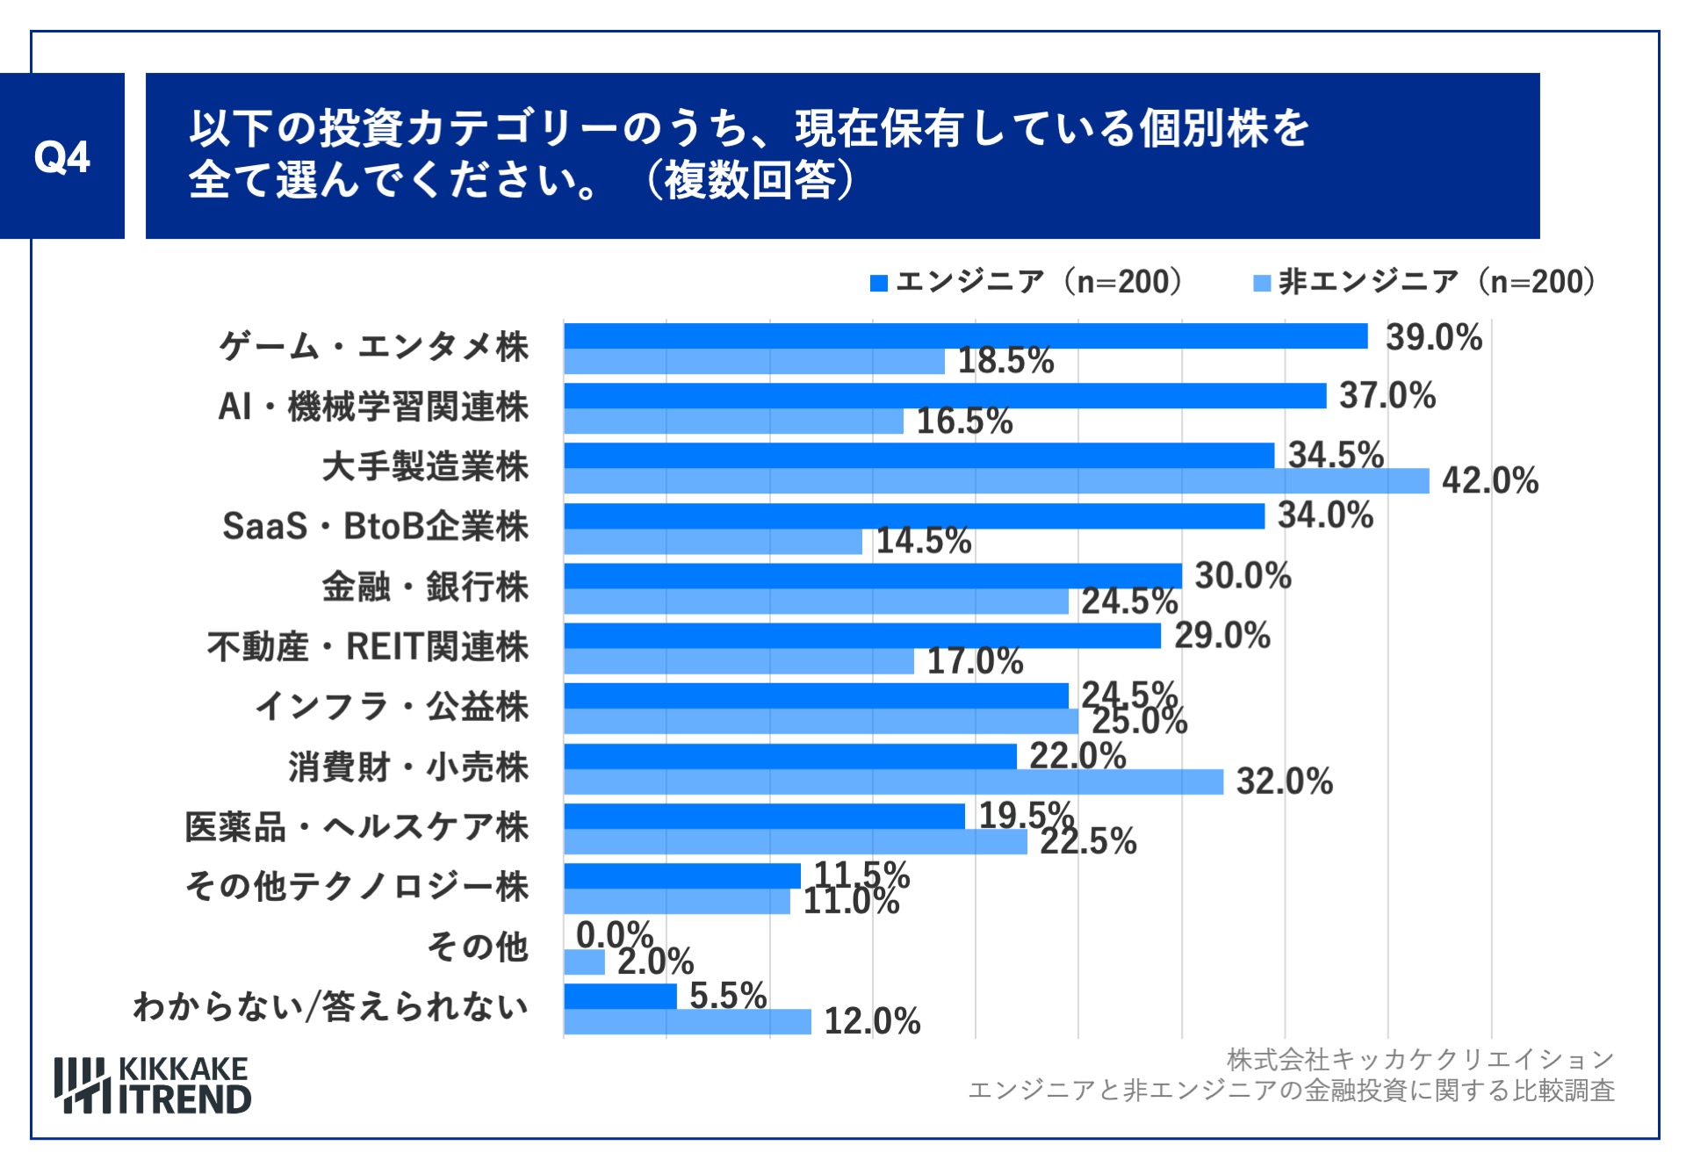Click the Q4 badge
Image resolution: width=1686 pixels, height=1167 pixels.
coord(61,156)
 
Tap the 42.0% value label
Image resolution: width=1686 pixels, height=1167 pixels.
coord(1489,481)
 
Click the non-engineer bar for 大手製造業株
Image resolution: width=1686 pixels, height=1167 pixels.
coord(996,481)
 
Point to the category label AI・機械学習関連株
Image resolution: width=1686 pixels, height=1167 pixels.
coord(373,407)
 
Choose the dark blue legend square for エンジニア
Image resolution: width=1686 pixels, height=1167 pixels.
coord(878,283)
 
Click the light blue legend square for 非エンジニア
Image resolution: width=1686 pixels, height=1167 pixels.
coord(1261,283)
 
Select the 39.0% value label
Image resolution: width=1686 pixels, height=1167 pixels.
coord(1433,338)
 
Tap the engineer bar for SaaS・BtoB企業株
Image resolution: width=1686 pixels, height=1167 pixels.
coord(913,516)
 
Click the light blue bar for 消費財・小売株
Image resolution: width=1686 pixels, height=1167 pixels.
coord(892,782)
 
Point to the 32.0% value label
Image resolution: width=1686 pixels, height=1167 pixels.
coord(1284,782)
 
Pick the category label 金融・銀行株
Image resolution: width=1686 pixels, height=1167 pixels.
coord(425,587)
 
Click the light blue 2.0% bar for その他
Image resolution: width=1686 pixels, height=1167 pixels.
coord(584,962)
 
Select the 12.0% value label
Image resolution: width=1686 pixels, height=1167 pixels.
coord(871,1021)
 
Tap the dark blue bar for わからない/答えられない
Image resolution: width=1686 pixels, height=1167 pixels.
coord(620,996)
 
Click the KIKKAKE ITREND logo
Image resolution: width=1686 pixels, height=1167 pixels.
coord(153,1085)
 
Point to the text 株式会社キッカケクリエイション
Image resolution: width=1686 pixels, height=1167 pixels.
coord(1420,1060)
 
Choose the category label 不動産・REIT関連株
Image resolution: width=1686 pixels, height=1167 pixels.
coord(368,647)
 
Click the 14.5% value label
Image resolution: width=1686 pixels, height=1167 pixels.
coord(923,541)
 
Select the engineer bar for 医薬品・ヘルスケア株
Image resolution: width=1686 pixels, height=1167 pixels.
coord(764,816)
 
